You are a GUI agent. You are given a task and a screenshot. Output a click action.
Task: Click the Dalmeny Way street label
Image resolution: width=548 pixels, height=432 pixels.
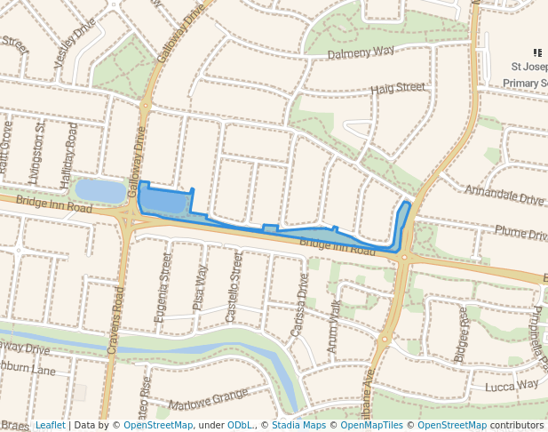pyautogui.click(x=361, y=52)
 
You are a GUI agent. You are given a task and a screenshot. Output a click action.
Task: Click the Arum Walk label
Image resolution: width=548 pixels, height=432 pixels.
pyautogui.click(x=334, y=316)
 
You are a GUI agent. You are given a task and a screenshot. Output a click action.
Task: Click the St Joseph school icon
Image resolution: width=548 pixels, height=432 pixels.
pyautogui.click(x=537, y=53)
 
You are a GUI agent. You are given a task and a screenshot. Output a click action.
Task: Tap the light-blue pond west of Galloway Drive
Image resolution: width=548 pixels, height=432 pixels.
pyautogui.click(x=100, y=190)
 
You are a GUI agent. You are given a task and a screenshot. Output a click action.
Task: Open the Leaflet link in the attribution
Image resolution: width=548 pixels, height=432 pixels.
pyautogui.click(x=50, y=425)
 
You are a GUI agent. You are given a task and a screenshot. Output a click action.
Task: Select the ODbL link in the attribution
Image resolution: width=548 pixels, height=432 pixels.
pyautogui.click(x=238, y=425)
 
